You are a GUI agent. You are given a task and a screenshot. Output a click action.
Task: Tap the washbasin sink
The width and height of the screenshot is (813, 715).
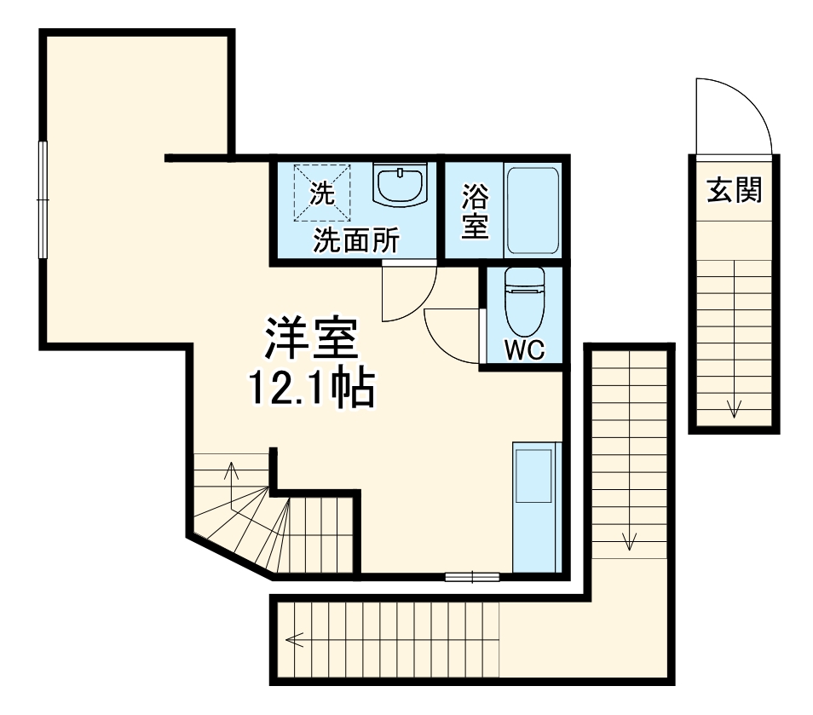click(400, 186)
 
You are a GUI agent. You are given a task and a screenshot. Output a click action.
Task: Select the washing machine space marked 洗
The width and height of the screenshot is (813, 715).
click(321, 193)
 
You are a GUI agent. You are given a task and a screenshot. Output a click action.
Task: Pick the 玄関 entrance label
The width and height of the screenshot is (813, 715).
click(733, 192)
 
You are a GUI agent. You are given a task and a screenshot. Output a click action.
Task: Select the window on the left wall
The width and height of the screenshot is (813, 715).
click(43, 199)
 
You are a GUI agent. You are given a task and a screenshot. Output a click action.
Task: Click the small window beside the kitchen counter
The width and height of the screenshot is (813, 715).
click(472, 576)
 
